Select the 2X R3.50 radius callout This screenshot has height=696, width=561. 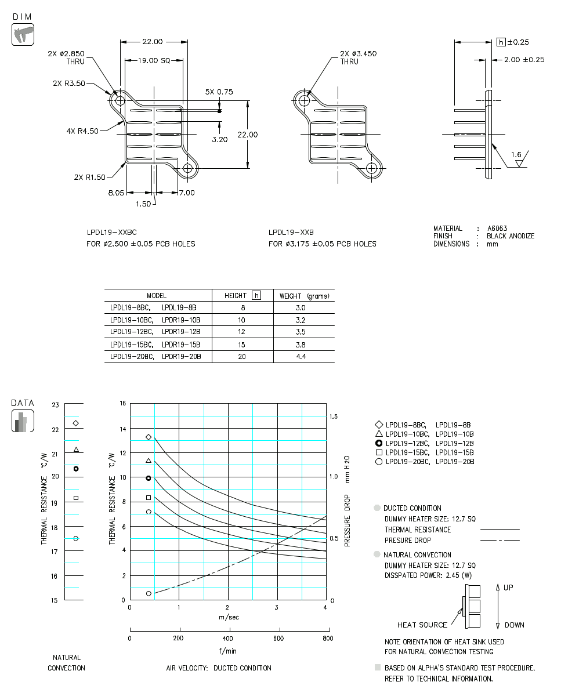68,83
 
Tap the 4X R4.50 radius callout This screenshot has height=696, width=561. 82,131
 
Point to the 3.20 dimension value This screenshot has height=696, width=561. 219,139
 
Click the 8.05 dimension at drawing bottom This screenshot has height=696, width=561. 116,193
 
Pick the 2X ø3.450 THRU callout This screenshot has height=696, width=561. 358,57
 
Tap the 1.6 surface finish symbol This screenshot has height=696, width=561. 516,155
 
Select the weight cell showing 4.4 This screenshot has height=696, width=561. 301,357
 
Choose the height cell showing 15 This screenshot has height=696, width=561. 241,345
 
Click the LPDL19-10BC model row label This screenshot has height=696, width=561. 132,320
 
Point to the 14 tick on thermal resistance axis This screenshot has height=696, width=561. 122,429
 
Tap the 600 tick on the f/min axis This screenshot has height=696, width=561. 280,639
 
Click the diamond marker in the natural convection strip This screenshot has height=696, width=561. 75,423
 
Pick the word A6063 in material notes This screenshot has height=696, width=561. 497,229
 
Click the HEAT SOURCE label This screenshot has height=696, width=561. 422,625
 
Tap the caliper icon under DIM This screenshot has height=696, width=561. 23,34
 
